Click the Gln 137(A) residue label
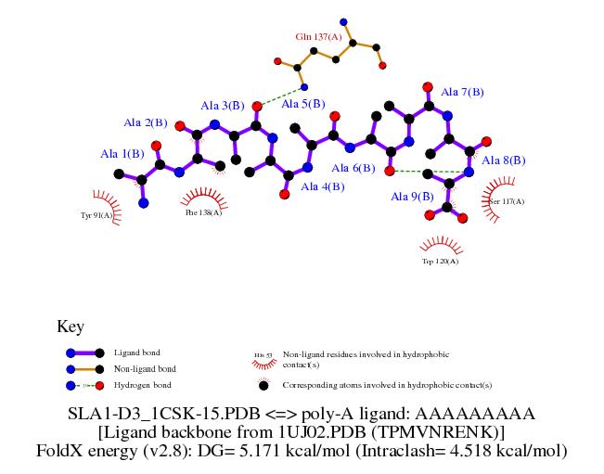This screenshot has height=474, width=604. tap(317, 37)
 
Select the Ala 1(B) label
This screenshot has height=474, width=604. tap(122, 153)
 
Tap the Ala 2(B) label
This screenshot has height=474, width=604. tap(146, 122)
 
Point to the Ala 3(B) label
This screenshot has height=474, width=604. tap(222, 105)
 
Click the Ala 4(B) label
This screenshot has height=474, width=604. tap(322, 186)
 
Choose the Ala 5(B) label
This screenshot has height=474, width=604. tap(304, 104)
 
